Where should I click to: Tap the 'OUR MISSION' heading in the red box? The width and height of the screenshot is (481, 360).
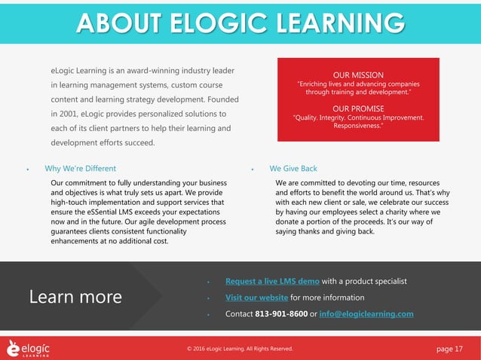357,75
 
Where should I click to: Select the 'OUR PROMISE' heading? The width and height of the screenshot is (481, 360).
357,108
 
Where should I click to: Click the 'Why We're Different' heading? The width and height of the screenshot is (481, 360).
80,169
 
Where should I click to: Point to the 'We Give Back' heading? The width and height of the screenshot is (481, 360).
293,169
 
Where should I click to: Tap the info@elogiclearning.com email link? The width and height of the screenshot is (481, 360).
366,313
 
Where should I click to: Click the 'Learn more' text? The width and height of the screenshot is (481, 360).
75,297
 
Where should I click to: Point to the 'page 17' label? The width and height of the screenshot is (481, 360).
450,348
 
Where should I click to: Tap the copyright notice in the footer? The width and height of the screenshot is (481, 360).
240,349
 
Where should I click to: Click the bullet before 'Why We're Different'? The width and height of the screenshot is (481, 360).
28,169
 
